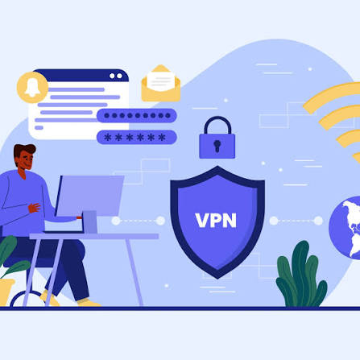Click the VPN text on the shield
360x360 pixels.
[216, 221]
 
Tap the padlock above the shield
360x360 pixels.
[217, 138]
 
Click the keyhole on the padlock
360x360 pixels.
[217, 146]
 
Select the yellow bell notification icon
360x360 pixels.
[32, 88]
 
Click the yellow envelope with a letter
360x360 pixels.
[161, 84]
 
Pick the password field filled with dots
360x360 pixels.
[137, 116]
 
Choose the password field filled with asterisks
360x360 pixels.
[137, 138]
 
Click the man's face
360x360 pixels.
[27, 159]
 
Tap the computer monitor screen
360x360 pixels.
[90, 195]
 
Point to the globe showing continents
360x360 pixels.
[346, 228]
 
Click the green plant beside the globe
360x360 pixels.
[301, 275]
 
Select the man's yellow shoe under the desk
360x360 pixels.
[89, 303]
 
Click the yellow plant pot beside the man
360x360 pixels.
[6, 292]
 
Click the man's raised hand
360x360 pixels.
[35, 208]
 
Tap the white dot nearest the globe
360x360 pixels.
[318, 221]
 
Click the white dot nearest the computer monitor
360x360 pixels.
[116, 221]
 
